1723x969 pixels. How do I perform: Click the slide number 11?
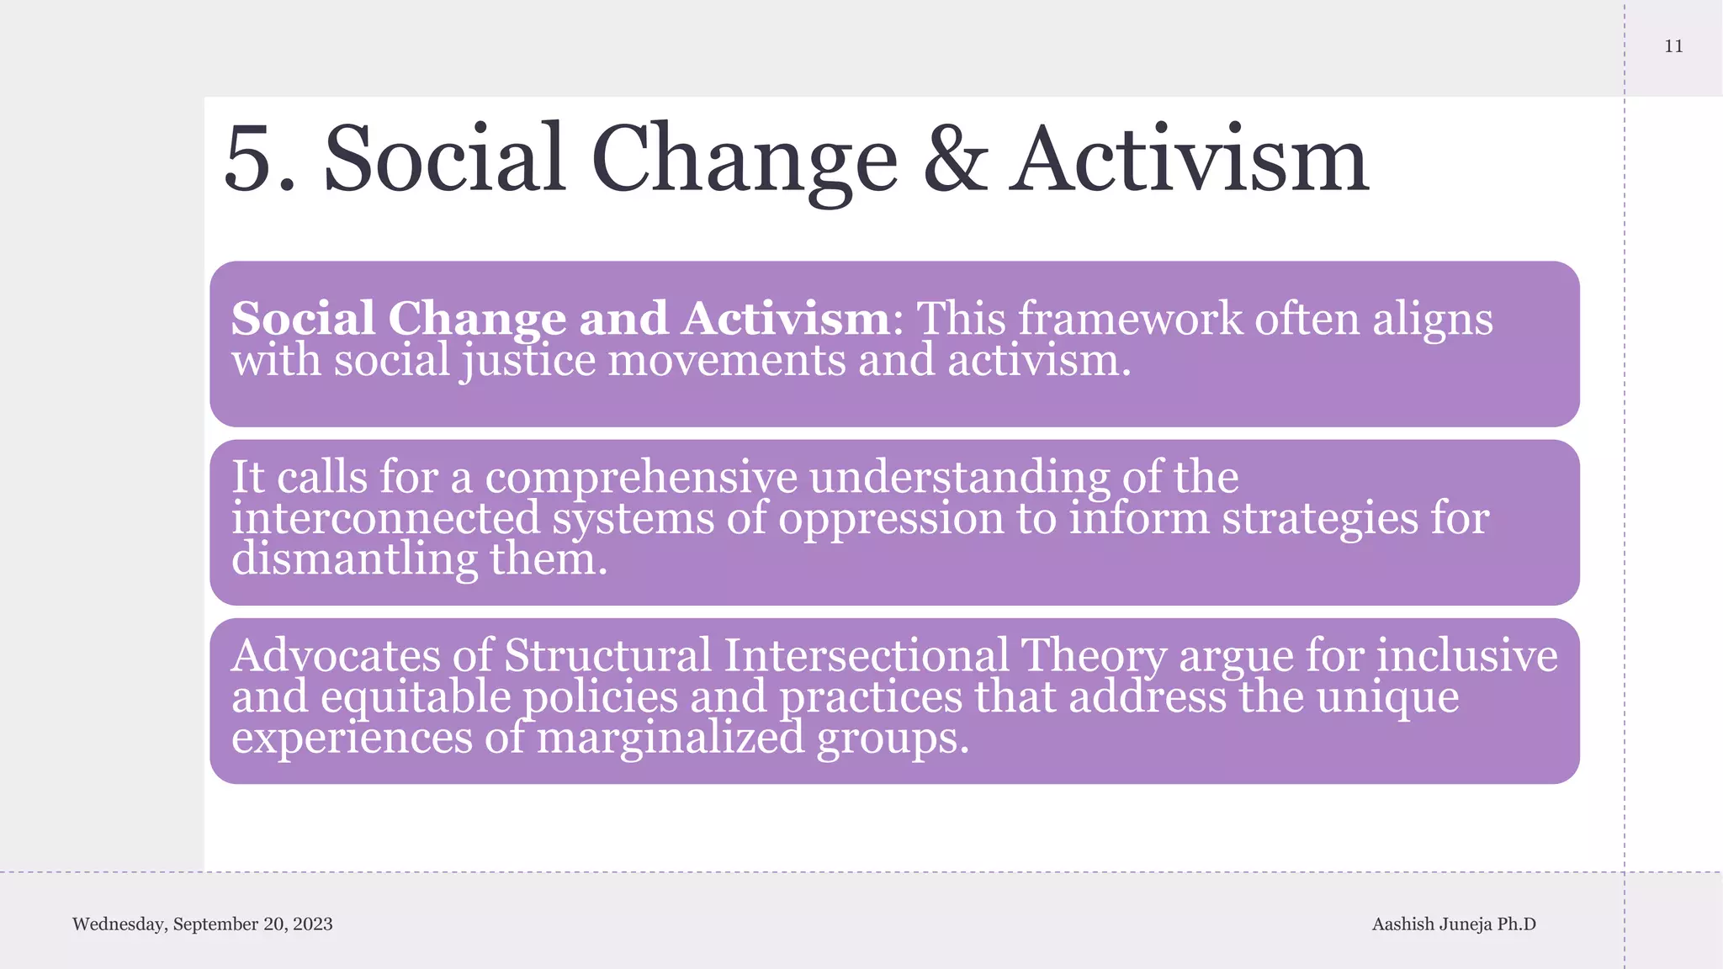tap(1673, 46)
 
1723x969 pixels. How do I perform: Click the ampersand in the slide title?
tap(955, 160)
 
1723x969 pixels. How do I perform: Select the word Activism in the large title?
tap(1190, 160)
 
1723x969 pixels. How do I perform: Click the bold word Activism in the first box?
tap(786, 319)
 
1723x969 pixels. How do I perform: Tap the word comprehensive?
tap(641, 477)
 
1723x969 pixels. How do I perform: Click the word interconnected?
tap(386, 518)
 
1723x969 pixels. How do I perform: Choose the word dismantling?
tap(354, 559)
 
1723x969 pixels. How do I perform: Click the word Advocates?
tap(336, 655)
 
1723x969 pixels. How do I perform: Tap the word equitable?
tap(416, 697)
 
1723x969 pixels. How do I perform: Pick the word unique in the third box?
tap(1387, 697)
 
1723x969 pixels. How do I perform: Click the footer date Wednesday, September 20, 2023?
tap(203, 924)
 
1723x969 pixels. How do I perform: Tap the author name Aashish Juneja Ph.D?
tap(1454, 924)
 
